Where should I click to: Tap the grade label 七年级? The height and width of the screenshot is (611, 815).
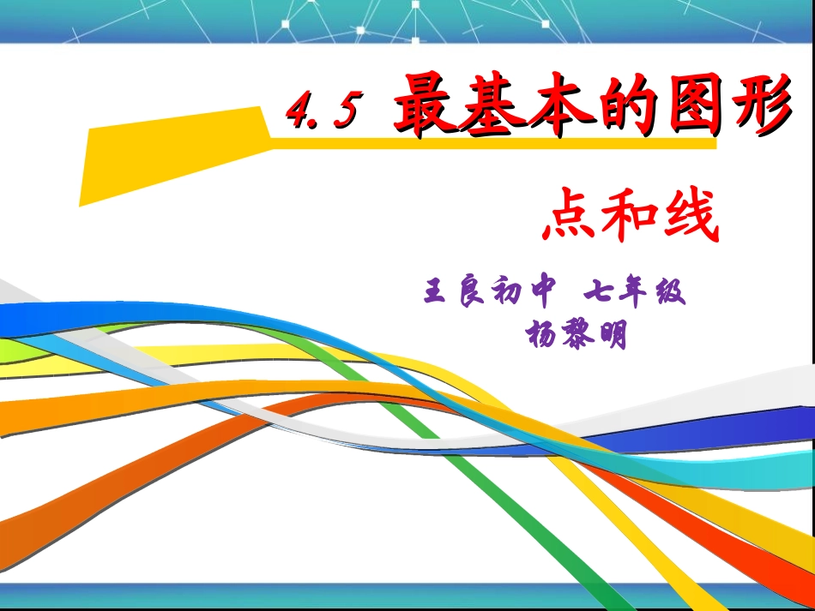tap(635, 293)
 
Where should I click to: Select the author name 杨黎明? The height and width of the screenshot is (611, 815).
tap(576, 333)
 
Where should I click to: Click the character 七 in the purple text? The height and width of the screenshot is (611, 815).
tap(598, 293)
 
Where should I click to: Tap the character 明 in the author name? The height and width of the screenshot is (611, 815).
tap(611, 333)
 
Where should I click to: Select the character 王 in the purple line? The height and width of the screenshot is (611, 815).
tap(436, 293)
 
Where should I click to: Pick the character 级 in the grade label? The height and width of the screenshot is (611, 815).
tap(672, 293)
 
